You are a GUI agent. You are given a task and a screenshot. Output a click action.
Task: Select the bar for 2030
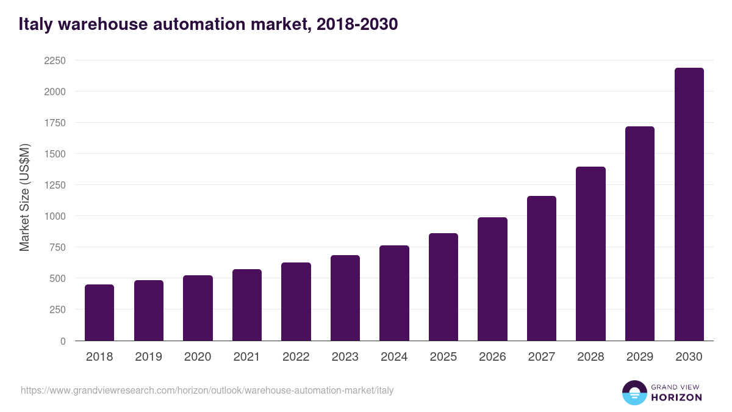pos(689,204)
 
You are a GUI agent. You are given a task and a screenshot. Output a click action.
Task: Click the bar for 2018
pos(99,313)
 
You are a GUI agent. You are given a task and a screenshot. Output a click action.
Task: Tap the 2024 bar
pos(394,293)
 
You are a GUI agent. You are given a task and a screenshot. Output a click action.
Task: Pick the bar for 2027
pos(542,269)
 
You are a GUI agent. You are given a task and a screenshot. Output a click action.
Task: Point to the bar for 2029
pos(640,234)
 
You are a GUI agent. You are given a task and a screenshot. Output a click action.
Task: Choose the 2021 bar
pos(247,305)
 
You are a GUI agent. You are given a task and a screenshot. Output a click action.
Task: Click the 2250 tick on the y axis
pos(54,60)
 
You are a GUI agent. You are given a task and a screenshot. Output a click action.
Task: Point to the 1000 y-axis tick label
pos(54,216)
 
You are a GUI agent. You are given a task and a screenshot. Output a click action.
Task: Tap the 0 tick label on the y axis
pos(63,341)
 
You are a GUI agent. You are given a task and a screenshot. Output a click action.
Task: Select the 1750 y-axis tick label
pos(54,123)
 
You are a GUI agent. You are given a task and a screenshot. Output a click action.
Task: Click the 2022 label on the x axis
pos(296,357)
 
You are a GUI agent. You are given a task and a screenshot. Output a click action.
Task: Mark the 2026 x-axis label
pos(492,357)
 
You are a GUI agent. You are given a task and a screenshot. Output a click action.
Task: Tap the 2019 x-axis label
pos(148,357)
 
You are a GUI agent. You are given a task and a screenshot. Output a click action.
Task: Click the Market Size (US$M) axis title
pos(24,197)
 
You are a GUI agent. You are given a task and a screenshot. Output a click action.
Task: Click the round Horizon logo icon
pos(634,392)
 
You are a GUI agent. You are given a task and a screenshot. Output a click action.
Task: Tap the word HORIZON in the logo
pos(676,397)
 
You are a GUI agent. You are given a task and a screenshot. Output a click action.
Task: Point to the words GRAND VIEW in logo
pos(676,386)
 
